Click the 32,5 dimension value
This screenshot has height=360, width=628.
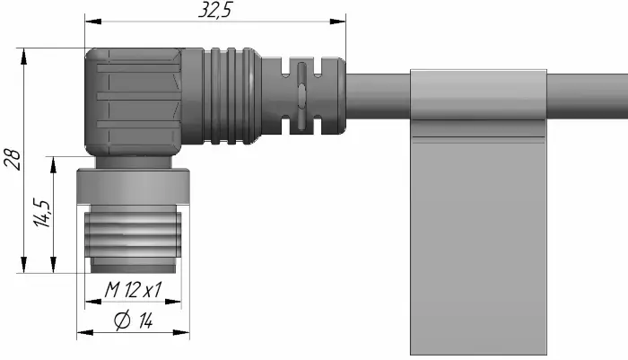[x=215, y=10]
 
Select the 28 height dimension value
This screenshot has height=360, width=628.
[x=13, y=160]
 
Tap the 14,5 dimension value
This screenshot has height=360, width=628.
[x=42, y=213]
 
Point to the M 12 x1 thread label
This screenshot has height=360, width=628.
[x=133, y=289]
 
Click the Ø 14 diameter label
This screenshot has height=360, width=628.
[x=134, y=320]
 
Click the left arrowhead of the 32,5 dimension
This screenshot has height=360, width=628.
[x=93, y=21]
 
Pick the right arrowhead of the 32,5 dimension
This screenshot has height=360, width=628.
[x=337, y=21]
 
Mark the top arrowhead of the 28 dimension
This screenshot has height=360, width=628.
[x=24, y=57]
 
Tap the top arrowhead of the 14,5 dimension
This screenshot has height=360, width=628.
[x=53, y=165]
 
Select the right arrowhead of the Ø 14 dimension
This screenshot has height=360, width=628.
[x=181, y=332]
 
